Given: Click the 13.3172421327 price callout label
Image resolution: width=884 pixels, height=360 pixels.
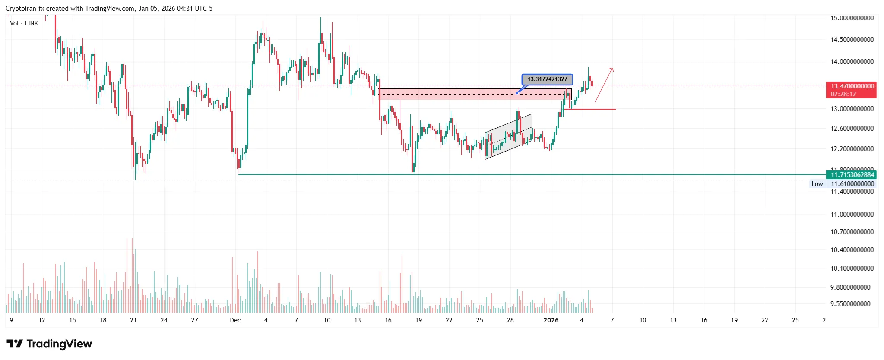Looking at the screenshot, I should coord(547,79).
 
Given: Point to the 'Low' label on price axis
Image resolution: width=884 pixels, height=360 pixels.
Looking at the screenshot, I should coord(817,184).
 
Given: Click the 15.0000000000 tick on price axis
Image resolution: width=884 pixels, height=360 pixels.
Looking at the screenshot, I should coord(852,18).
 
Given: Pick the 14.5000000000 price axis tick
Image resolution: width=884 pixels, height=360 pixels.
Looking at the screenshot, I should coord(852,40).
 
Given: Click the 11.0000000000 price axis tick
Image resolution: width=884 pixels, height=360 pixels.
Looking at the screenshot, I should coord(852,215).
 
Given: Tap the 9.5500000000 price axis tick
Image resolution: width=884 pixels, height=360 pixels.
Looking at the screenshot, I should coord(850,304).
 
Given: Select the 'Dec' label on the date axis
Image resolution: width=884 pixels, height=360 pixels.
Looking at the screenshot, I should coord(235,320).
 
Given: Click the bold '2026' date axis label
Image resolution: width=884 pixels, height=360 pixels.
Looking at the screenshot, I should coord(551,320).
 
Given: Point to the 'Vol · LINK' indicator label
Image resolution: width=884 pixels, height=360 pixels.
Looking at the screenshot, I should coord(24,23).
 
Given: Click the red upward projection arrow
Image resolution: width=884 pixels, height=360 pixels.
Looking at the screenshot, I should coord(604,85).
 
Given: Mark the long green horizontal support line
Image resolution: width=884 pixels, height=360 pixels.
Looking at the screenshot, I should coord(518,174).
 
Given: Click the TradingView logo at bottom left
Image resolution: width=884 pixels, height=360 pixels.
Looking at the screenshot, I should coord(49,344).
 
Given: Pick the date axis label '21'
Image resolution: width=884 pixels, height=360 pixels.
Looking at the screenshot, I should coord(133,320).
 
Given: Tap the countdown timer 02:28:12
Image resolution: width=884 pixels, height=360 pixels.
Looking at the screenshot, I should coord(843,94).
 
